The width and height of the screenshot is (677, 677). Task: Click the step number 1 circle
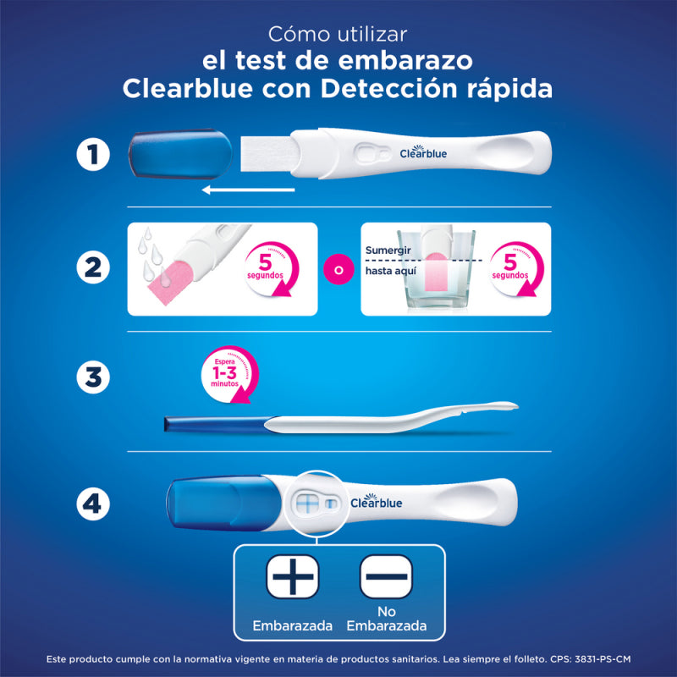tap(93, 156)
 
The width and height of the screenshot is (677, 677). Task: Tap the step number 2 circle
tap(93, 268)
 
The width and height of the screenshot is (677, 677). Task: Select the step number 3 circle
tap(93, 377)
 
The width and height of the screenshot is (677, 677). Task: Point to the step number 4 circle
tap(93, 504)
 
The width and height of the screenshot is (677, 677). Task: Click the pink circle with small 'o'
tap(338, 270)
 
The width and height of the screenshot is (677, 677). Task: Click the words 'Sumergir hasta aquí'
tap(388, 261)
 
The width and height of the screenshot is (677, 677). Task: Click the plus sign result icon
tap(292, 578)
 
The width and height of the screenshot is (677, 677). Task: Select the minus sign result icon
tap(386, 578)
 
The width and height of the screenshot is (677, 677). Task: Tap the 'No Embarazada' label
tap(386, 619)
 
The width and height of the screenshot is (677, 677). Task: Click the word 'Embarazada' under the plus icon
tap(292, 627)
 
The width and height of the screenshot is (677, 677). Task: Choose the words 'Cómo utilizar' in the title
tap(338, 35)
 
